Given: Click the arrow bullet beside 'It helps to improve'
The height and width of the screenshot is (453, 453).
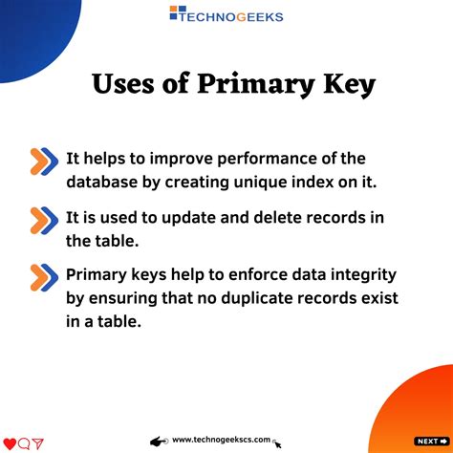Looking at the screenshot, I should coord(43,161).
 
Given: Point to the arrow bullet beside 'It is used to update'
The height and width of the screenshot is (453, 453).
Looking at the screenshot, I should coord(43,219).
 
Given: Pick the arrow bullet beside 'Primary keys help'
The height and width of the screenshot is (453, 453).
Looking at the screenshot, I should coord(43,277).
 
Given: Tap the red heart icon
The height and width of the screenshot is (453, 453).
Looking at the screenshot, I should coord(10,442).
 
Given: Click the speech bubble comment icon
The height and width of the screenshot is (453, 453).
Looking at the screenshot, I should coord(24,442).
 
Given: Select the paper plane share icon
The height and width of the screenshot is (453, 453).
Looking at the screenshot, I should coord(38,442).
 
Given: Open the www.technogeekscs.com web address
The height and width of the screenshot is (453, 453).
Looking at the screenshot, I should coord(221,441).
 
